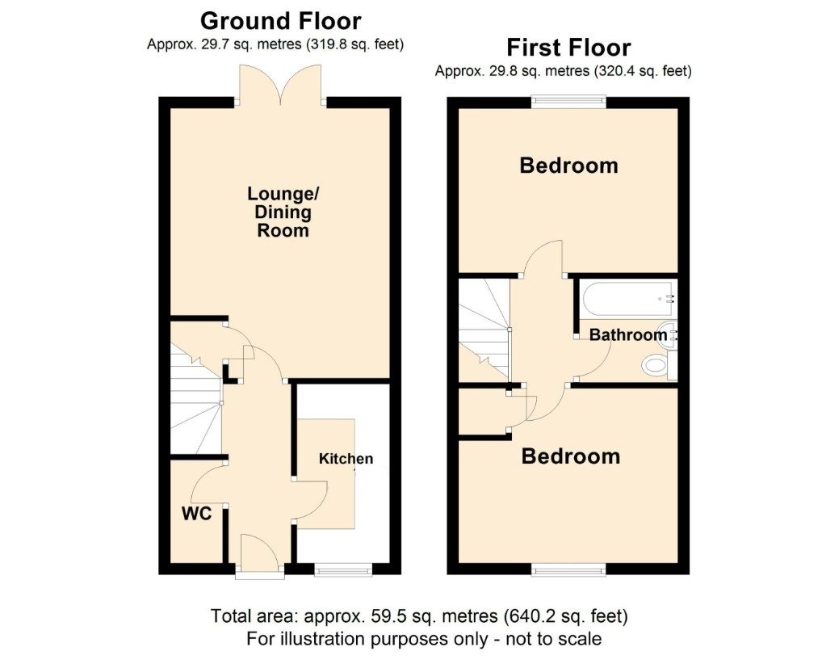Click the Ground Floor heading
(x=280, y=21)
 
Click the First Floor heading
(x=568, y=48)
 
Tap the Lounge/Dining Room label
(x=283, y=212)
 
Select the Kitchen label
(x=346, y=459)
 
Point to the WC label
(x=196, y=514)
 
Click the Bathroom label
(x=628, y=334)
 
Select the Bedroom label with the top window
(x=568, y=166)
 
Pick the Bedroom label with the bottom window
(x=571, y=456)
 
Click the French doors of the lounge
(x=280, y=84)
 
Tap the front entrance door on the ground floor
(x=260, y=556)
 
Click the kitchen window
(x=343, y=569)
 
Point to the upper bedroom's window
(x=568, y=101)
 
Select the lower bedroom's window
(x=568, y=569)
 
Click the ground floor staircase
(x=196, y=398)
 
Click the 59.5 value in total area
(x=383, y=615)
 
